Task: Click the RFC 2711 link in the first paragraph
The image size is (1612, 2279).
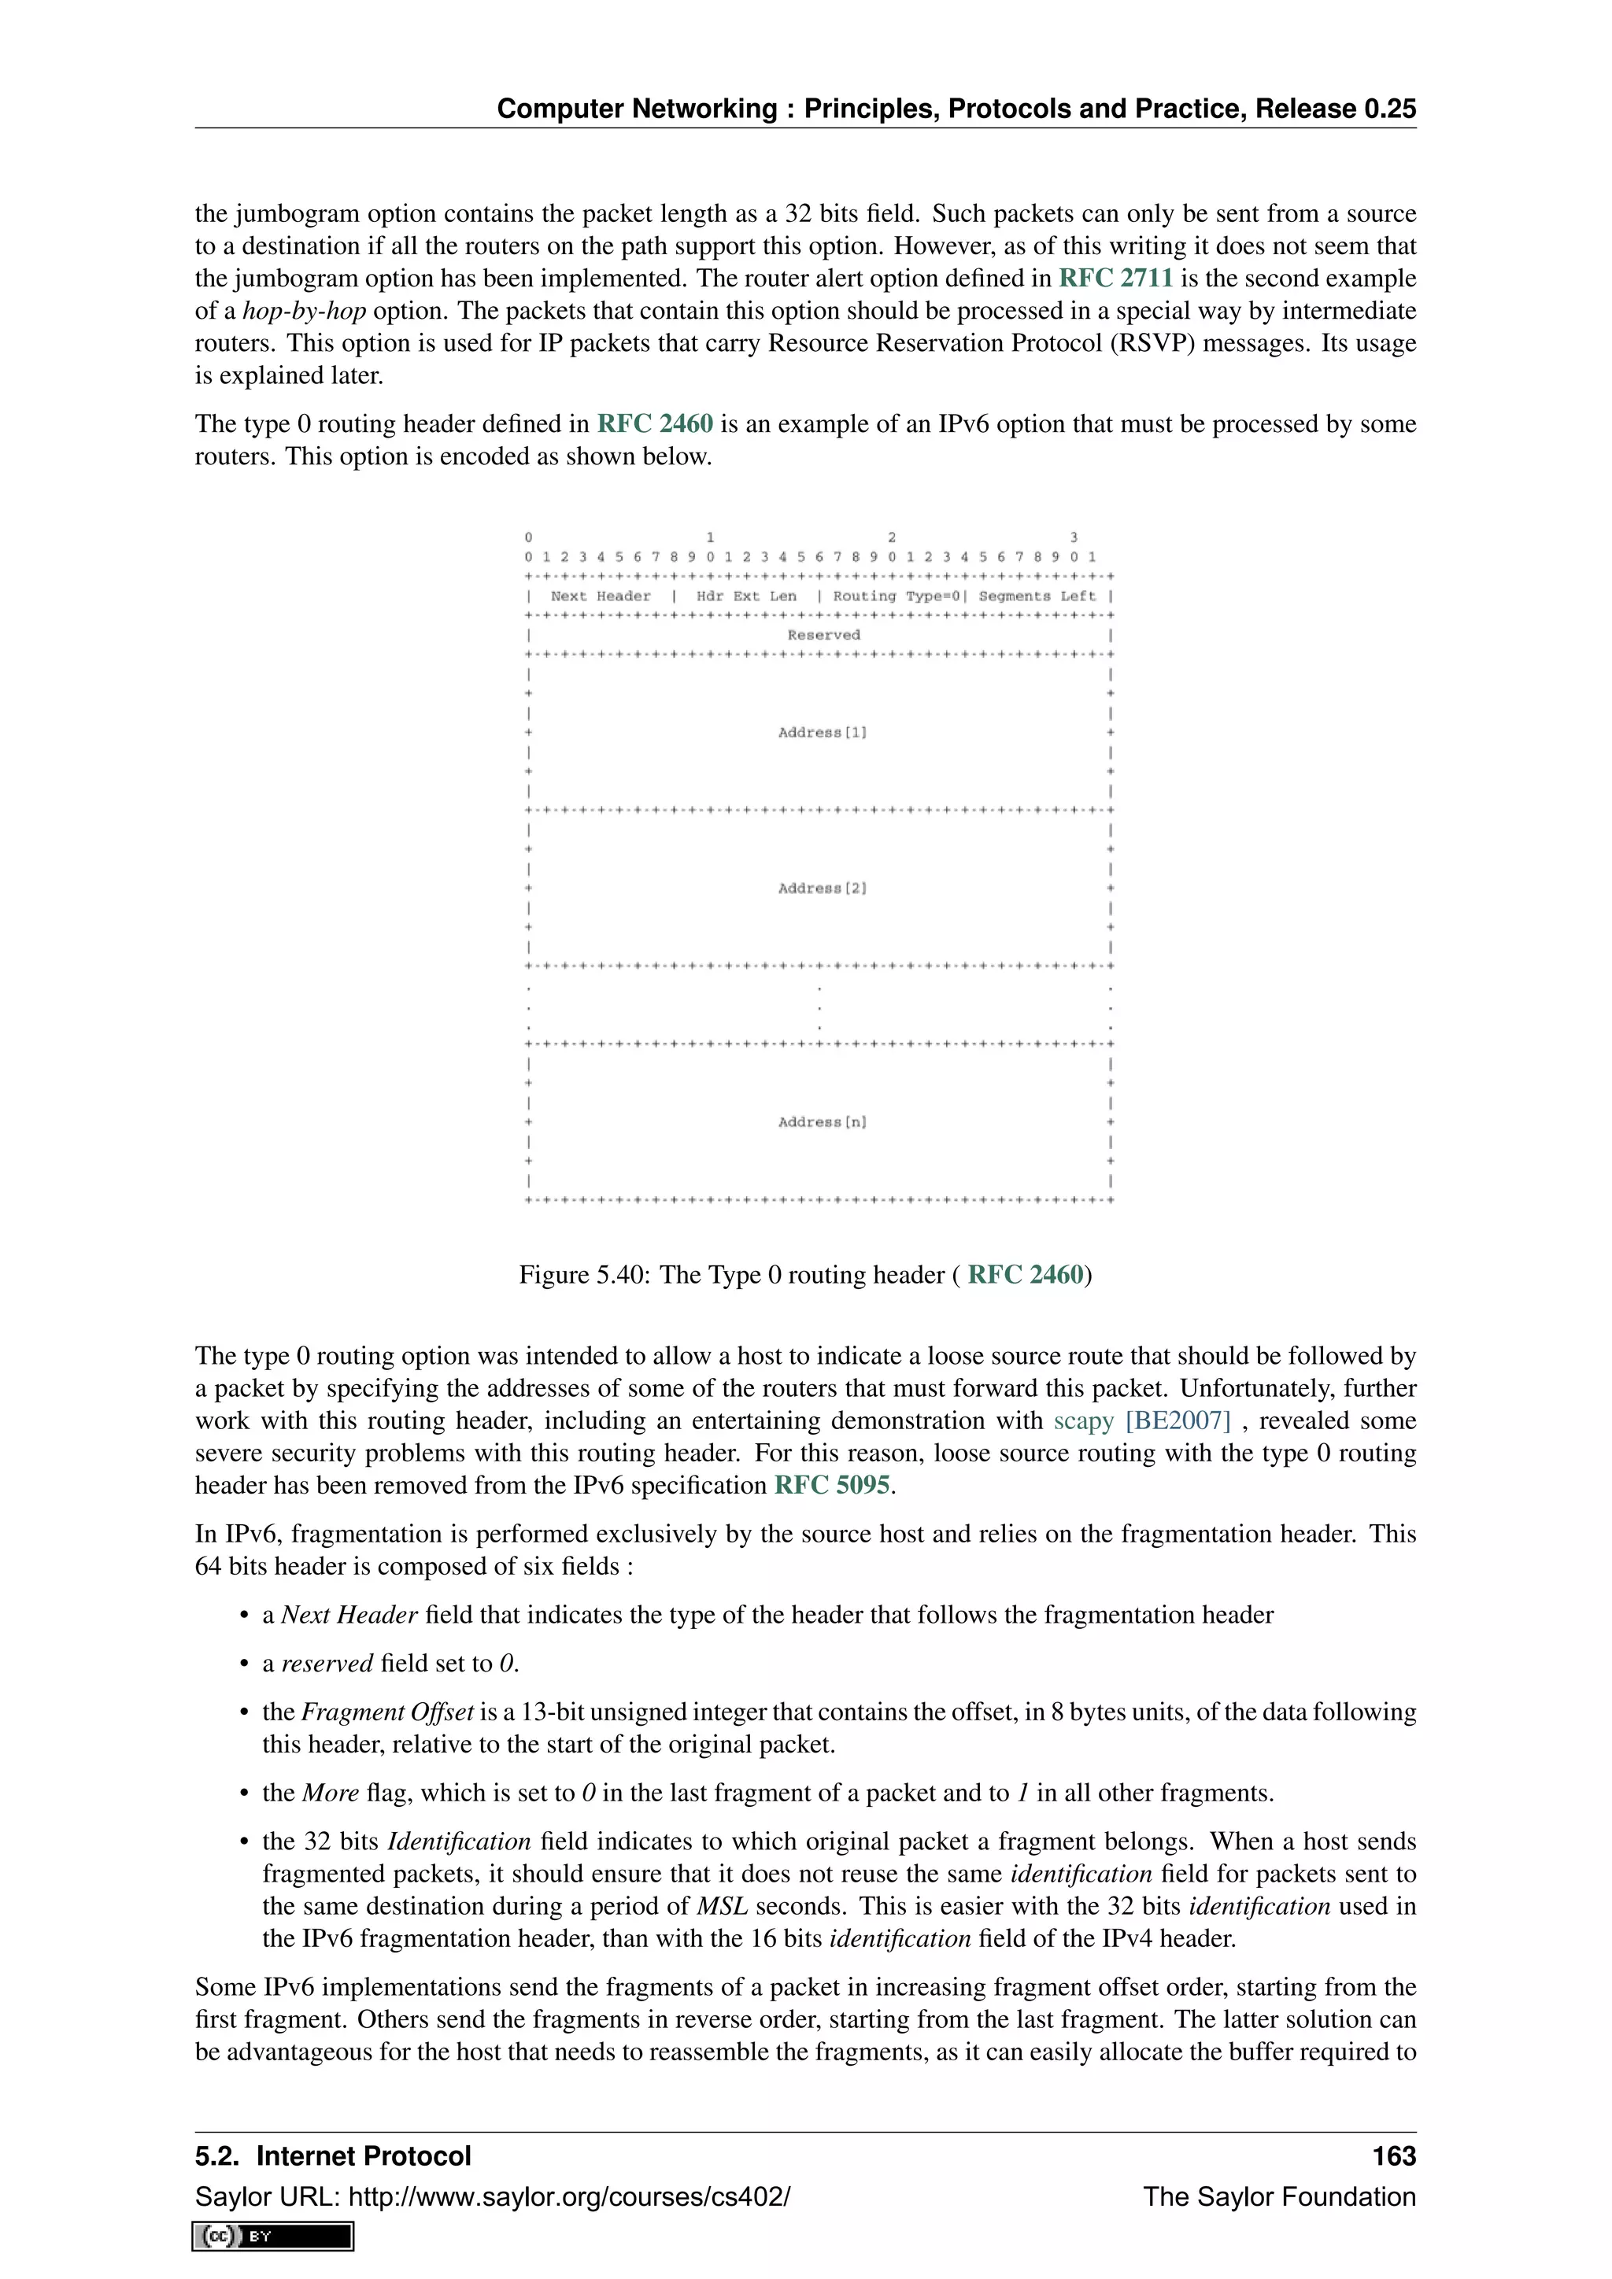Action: point(1115,279)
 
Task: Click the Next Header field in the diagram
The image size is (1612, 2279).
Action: point(601,597)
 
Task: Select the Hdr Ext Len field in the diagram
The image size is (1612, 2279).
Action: point(745,597)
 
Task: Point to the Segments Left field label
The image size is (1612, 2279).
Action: point(1037,597)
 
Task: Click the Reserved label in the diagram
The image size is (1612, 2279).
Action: point(823,635)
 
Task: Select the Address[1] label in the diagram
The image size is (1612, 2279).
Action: point(822,733)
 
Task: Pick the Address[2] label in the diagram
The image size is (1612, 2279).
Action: point(822,888)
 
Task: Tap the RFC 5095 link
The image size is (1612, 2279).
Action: point(832,1486)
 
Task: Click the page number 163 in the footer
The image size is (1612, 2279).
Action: point(1394,2157)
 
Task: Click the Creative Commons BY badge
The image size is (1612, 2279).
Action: point(274,2237)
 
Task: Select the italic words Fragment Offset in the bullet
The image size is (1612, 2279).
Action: point(387,1712)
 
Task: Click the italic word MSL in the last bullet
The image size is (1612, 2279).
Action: point(722,1907)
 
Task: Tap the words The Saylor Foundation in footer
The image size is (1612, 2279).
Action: point(1278,2196)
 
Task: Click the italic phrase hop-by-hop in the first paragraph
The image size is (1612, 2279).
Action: point(304,312)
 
